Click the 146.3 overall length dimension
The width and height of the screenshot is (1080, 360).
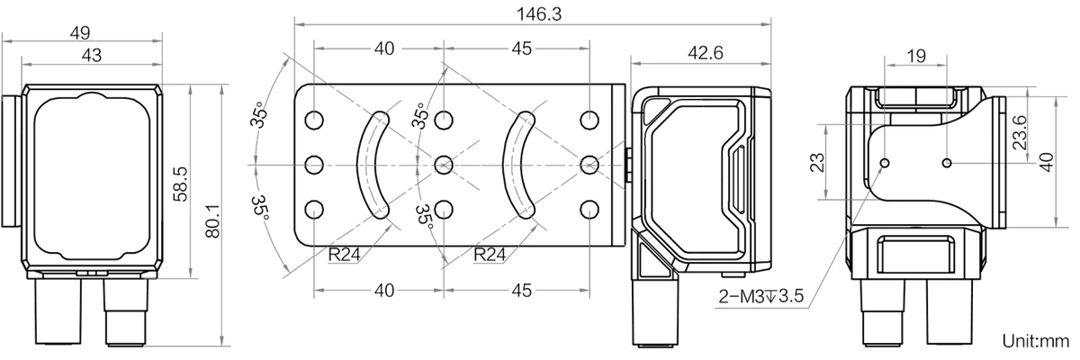[x=539, y=14]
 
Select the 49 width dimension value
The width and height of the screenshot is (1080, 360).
[x=80, y=32]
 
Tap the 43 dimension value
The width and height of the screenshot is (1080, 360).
[x=92, y=56]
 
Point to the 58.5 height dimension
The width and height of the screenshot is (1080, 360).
[x=180, y=184]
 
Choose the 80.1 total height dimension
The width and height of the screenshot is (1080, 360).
[x=212, y=221]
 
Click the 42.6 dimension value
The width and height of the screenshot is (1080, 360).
[x=706, y=52]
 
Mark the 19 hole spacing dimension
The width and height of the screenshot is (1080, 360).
[x=916, y=56]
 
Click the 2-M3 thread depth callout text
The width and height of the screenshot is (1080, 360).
[x=761, y=296]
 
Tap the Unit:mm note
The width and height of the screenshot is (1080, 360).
[x=1040, y=341]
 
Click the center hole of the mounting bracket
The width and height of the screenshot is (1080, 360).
[x=443, y=165]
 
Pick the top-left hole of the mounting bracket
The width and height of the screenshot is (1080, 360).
[x=314, y=120]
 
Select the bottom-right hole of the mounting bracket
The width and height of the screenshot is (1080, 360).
[x=589, y=210]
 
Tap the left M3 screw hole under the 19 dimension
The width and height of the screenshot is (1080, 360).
[x=885, y=163]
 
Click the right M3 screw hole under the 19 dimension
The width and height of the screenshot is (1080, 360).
[x=947, y=163]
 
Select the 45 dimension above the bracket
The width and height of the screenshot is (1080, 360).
[x=521, y=49]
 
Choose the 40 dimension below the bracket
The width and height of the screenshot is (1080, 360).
[x=384, y=291]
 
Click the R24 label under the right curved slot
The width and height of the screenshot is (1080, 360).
[x=490, y=254]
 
